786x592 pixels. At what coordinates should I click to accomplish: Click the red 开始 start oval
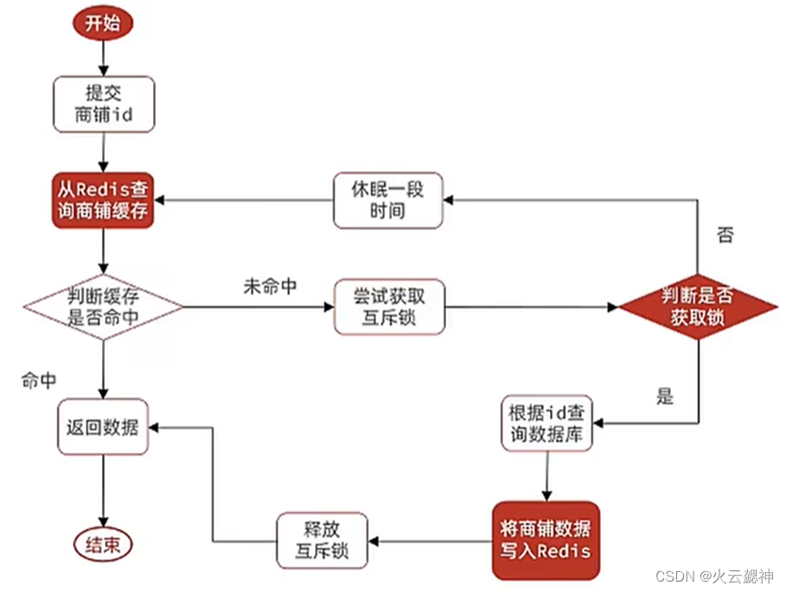coord(103,24)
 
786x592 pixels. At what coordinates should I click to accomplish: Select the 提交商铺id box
coord(104,104)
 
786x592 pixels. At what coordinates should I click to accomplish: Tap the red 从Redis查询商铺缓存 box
coord(103,199)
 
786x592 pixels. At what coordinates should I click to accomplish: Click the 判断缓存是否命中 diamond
coord(103,307)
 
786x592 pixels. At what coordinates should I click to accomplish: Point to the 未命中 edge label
coord(270,287)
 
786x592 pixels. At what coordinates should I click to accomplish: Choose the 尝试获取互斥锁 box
coord(390,307)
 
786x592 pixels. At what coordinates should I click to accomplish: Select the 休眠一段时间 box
coord(388,200)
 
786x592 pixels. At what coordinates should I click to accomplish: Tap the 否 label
coord(725,235)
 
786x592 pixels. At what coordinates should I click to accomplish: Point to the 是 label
coord(664,397)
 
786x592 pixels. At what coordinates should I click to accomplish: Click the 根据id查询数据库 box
coord(546,423)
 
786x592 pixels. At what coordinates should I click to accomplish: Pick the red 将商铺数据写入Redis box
coord(546,540)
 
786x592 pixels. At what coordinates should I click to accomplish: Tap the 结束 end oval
coord(103,545)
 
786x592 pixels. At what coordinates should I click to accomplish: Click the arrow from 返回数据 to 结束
coord(103,488)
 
